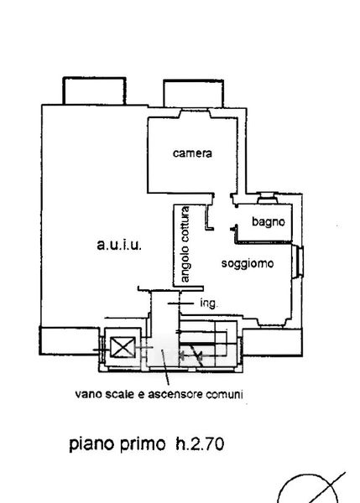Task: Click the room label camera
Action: tap(192, 153)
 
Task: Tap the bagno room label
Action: tap(269, 221)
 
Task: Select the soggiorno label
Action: tap(248, 264)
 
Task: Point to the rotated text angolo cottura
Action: tap(185, 245)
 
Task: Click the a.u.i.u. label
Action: tap(119, 246)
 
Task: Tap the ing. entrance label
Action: tap(209, 303)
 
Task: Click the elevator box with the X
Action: tap(123, 347)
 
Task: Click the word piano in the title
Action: tap(91, 445)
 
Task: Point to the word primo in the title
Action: tap(143, 445)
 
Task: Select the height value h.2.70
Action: tap(200, 444)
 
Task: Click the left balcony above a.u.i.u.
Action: tap(94, 91)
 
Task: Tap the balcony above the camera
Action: tap(193, 93)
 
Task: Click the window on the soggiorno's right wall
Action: tap(299, 261)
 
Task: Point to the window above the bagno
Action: tap(268, 198)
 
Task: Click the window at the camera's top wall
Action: tap(195, 113)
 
